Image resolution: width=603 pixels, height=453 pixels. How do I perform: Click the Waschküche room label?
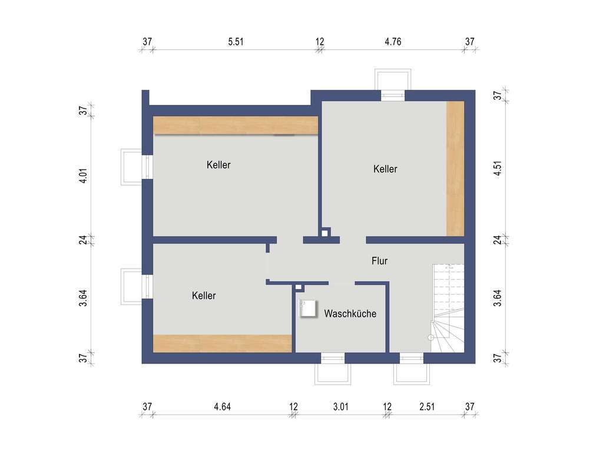tap(350, 314)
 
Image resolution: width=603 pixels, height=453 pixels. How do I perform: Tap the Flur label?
tap(379, 260)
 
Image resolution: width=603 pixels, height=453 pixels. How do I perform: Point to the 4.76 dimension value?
tap(393, 41)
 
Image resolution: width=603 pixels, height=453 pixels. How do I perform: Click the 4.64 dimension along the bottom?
tap(223, 406)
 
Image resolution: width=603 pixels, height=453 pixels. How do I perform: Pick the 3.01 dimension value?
tap(340, 406)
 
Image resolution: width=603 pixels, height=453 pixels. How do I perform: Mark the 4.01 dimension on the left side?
tap(84, 176)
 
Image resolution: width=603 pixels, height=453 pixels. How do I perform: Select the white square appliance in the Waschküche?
tap(308, 309)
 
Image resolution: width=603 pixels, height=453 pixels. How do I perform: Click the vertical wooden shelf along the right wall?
tap(455, 168)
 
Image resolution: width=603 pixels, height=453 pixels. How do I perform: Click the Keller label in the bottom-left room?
tap(204, 296)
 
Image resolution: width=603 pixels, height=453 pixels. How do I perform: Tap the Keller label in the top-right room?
tap(385, 169)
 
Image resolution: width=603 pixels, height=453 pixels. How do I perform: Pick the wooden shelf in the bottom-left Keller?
tap(223, 343)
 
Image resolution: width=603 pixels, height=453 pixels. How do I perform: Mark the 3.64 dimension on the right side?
tap(498, 298)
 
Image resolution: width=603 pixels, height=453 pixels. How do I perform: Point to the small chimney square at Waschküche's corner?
tap(299, 287)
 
